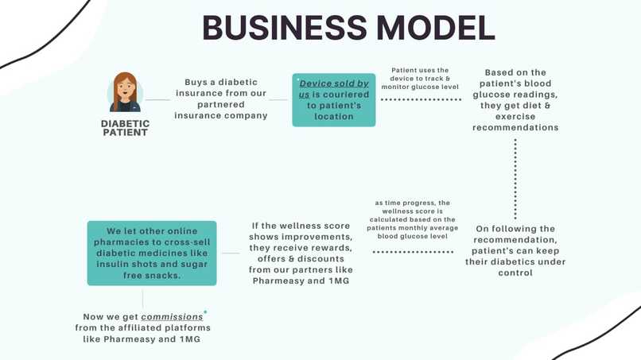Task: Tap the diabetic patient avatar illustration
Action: point(125,93)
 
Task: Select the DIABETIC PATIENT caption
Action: point(125,127)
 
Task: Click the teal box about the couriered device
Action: point(334,100)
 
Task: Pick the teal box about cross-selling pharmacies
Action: point(151,254)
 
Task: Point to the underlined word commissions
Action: point(172,316)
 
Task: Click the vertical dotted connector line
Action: point(515,180)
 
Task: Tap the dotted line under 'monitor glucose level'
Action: point(421,100)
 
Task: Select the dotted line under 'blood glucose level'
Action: point(413,252)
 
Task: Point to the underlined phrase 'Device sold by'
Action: point(334,83)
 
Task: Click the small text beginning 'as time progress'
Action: point(413,219)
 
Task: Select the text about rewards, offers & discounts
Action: point(301,254)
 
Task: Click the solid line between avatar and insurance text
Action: point(157,100)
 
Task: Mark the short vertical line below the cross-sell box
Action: point(143,298)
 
